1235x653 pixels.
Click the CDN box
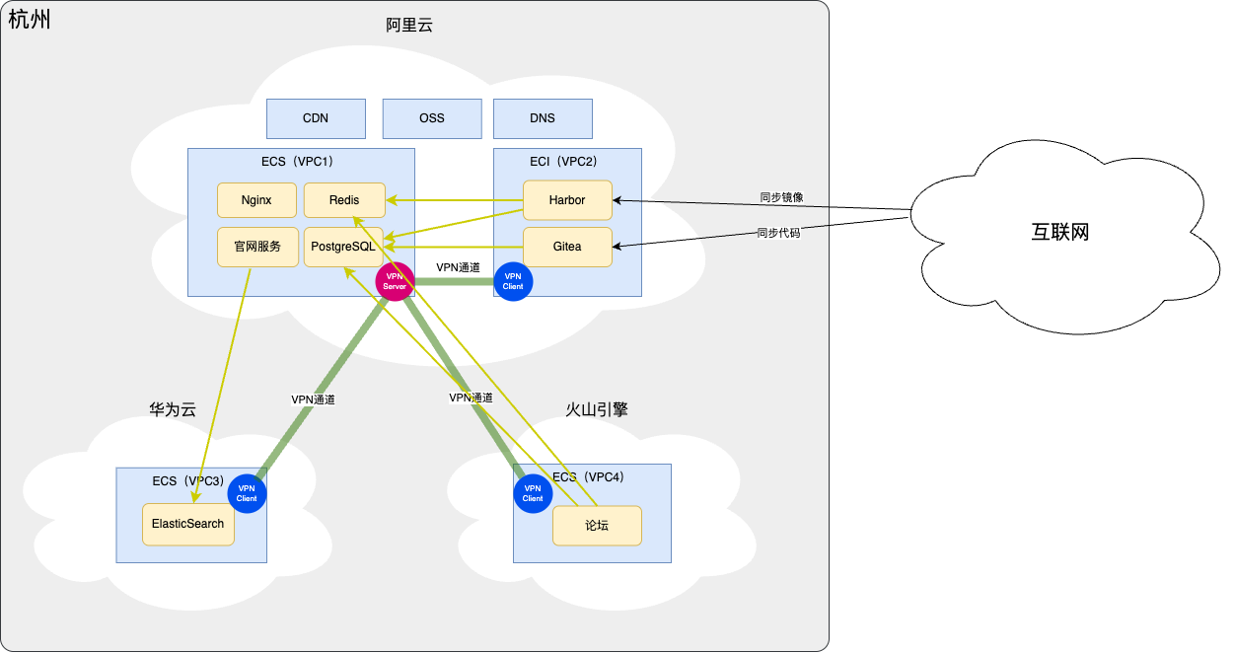click(x=316, y=118)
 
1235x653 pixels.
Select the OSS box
click(x=432, y=118)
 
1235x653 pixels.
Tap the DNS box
click(x=543, y=118)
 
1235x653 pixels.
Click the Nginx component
click(x=256, y=200)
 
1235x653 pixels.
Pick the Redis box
click(x=344, y=200)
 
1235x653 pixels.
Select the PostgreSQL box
click(x=343, y=247)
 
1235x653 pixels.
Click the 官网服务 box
click(x=257, y=247)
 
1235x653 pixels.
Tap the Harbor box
click(x=567, y=200)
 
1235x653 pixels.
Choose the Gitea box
click(x=567, y=247)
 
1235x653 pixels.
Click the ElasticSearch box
click(x=188, y=524)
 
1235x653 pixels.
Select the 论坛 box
click(x=597, y=526)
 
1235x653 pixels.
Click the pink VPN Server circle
click(x=396, y=281)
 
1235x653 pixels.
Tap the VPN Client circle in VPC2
click(x=513, y=281)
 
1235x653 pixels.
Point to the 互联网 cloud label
click(x=1060, y=233)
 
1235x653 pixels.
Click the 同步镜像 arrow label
click(x=781, y=197)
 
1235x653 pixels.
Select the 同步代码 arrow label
click(x=778, y=234)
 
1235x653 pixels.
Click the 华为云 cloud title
click(x=173, y=409)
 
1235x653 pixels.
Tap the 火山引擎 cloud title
click(x=597, y=409)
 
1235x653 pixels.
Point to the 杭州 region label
click(x=30, y=19)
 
